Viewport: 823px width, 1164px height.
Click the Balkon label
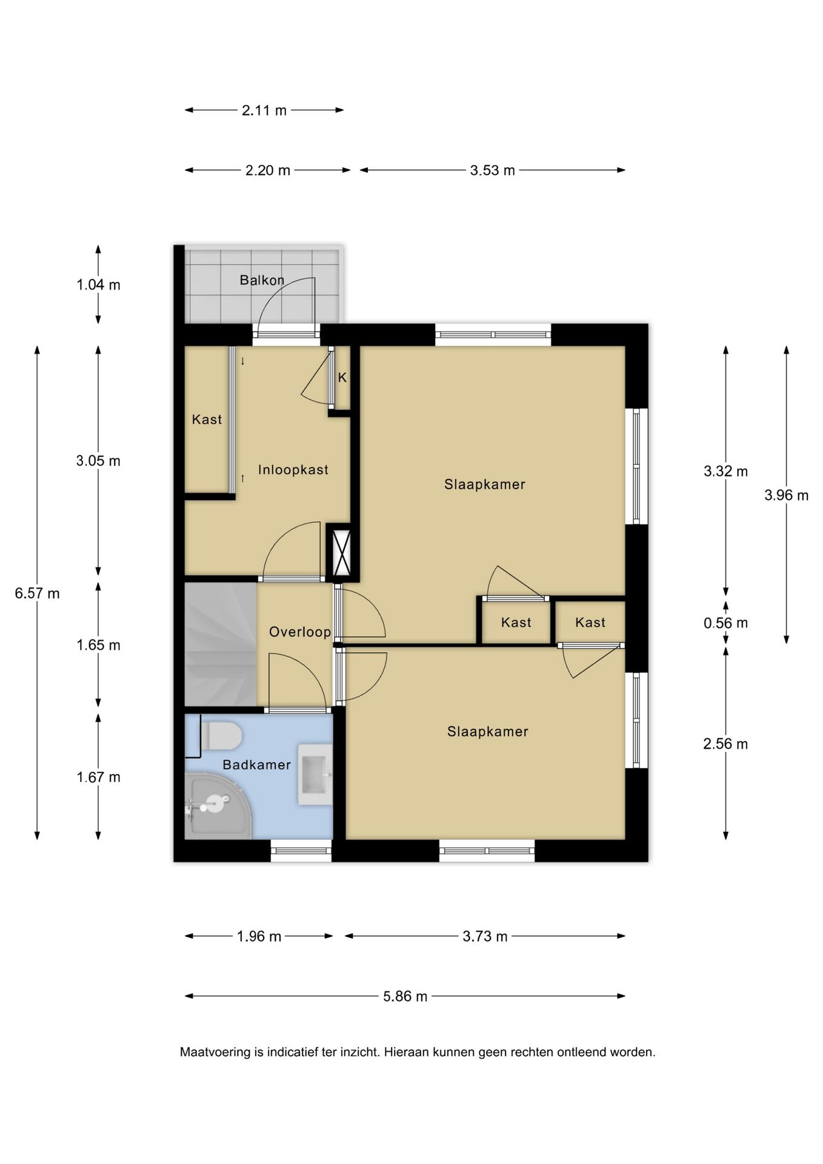tap(262, 280)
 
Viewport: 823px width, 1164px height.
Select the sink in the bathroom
tap(315, 774)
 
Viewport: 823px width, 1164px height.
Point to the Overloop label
tap(300, 632)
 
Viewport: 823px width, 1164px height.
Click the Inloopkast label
tap(293, 470)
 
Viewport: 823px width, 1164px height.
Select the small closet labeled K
tap(342, 378)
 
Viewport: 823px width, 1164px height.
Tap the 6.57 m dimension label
tap(38, 594)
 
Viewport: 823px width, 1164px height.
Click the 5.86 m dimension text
tap(405, 996)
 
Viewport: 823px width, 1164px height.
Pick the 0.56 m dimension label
tap(725, 623)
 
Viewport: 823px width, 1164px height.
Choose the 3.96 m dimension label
tap(786, 495)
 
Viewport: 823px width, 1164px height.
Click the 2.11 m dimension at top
tap(264, 110)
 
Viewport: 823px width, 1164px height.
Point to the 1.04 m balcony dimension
tap(98, 284)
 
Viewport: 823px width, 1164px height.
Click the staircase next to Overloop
tap(221, 644)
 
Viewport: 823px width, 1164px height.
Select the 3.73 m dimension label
tap(485, 936)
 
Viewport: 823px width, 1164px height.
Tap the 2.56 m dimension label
tap(725, 744)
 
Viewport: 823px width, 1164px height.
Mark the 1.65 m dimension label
tap(98, 645)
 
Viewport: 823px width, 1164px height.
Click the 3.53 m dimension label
tap(492, 170)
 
